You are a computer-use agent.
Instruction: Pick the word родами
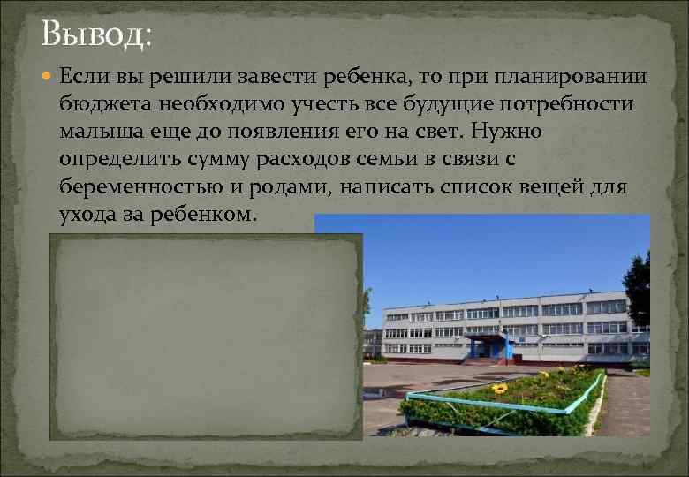pos(279,186)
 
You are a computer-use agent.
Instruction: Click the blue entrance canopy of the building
pos(488,339)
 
